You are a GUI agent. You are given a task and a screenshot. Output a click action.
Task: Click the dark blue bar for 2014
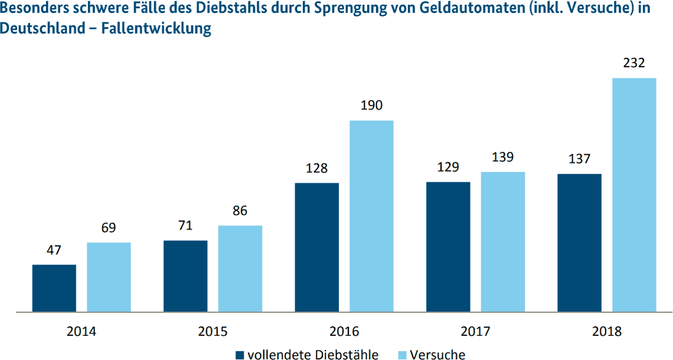(54, 288)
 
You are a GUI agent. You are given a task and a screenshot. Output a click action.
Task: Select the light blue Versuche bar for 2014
(109, 277)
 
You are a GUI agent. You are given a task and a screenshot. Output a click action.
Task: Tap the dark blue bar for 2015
(185, 276)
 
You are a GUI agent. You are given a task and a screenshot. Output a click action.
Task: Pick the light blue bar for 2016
(371, 215)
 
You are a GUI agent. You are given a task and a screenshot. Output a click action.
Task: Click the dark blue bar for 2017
(448, 246)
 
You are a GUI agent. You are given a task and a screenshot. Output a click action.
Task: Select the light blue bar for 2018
(634, 194)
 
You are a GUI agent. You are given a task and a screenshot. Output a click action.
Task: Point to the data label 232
(634, 63)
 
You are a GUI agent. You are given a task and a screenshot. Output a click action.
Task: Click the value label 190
(371, 106)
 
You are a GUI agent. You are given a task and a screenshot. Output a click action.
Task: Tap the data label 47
(54, 250)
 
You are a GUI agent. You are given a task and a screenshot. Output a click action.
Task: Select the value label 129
(448, 167)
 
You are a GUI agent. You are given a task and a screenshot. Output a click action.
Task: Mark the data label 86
(240, 211)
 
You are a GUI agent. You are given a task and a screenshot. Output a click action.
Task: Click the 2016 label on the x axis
(344, 331)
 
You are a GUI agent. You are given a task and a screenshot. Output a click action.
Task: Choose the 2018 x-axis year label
(607, 331)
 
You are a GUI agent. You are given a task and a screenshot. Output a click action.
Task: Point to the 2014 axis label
(81, 331)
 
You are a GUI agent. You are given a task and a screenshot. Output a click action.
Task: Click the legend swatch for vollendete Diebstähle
(240, 355)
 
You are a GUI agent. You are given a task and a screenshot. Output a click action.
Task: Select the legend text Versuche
(437, 355)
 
